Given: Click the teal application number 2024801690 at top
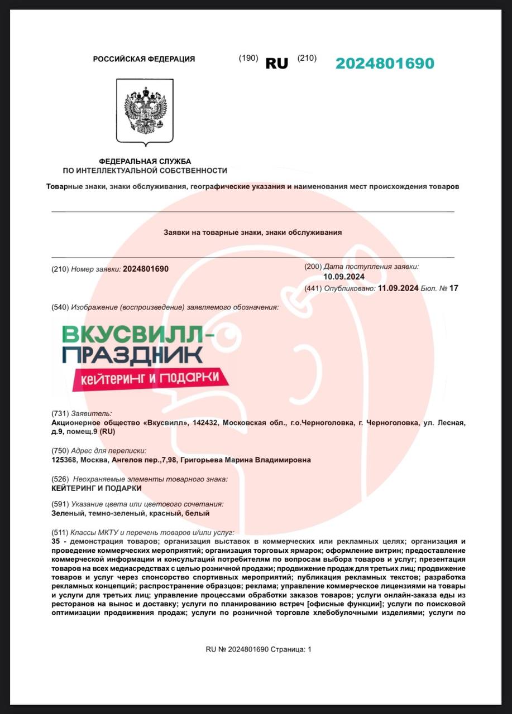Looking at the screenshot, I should (385, 64).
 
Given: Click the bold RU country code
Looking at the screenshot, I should (277, 64).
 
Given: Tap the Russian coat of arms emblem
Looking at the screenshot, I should (145, 111).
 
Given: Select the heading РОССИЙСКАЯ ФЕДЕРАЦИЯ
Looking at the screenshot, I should (144, 59).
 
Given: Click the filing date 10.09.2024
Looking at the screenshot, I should (344, 277).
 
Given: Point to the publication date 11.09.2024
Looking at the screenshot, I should (398, 288).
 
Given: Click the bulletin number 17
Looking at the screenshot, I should (453, 288).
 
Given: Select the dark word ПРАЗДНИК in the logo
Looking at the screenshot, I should (132, 355).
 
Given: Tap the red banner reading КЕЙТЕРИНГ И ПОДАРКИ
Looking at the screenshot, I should (150, 379).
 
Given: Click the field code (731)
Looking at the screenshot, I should (60, 413).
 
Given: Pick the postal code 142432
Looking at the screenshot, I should (205, 423).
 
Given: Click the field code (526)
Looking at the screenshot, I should (60, 479).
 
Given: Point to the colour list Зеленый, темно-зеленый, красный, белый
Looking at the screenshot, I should (130, 513).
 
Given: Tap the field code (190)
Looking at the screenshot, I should (248, 58).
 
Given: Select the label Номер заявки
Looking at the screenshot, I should (96, 269).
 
